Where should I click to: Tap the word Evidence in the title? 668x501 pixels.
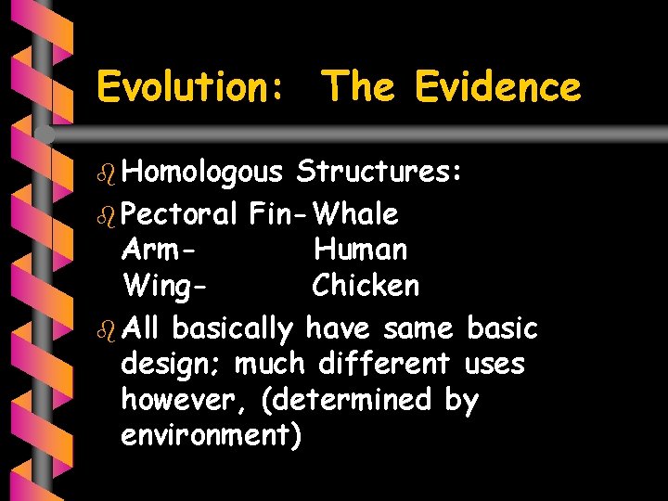497,88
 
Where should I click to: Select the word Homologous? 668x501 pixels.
201,173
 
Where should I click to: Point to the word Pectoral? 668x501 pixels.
180,214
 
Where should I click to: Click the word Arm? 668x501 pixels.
159,250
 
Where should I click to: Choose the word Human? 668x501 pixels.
360,250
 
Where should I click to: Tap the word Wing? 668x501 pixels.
164,287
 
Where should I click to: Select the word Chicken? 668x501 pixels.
366,286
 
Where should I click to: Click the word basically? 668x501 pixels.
233,328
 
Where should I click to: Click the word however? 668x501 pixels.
185,401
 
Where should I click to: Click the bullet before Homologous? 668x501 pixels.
105,173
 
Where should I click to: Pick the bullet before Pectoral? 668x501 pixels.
105,214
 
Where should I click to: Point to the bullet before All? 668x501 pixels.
105,328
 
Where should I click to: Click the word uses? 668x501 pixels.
495,364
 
